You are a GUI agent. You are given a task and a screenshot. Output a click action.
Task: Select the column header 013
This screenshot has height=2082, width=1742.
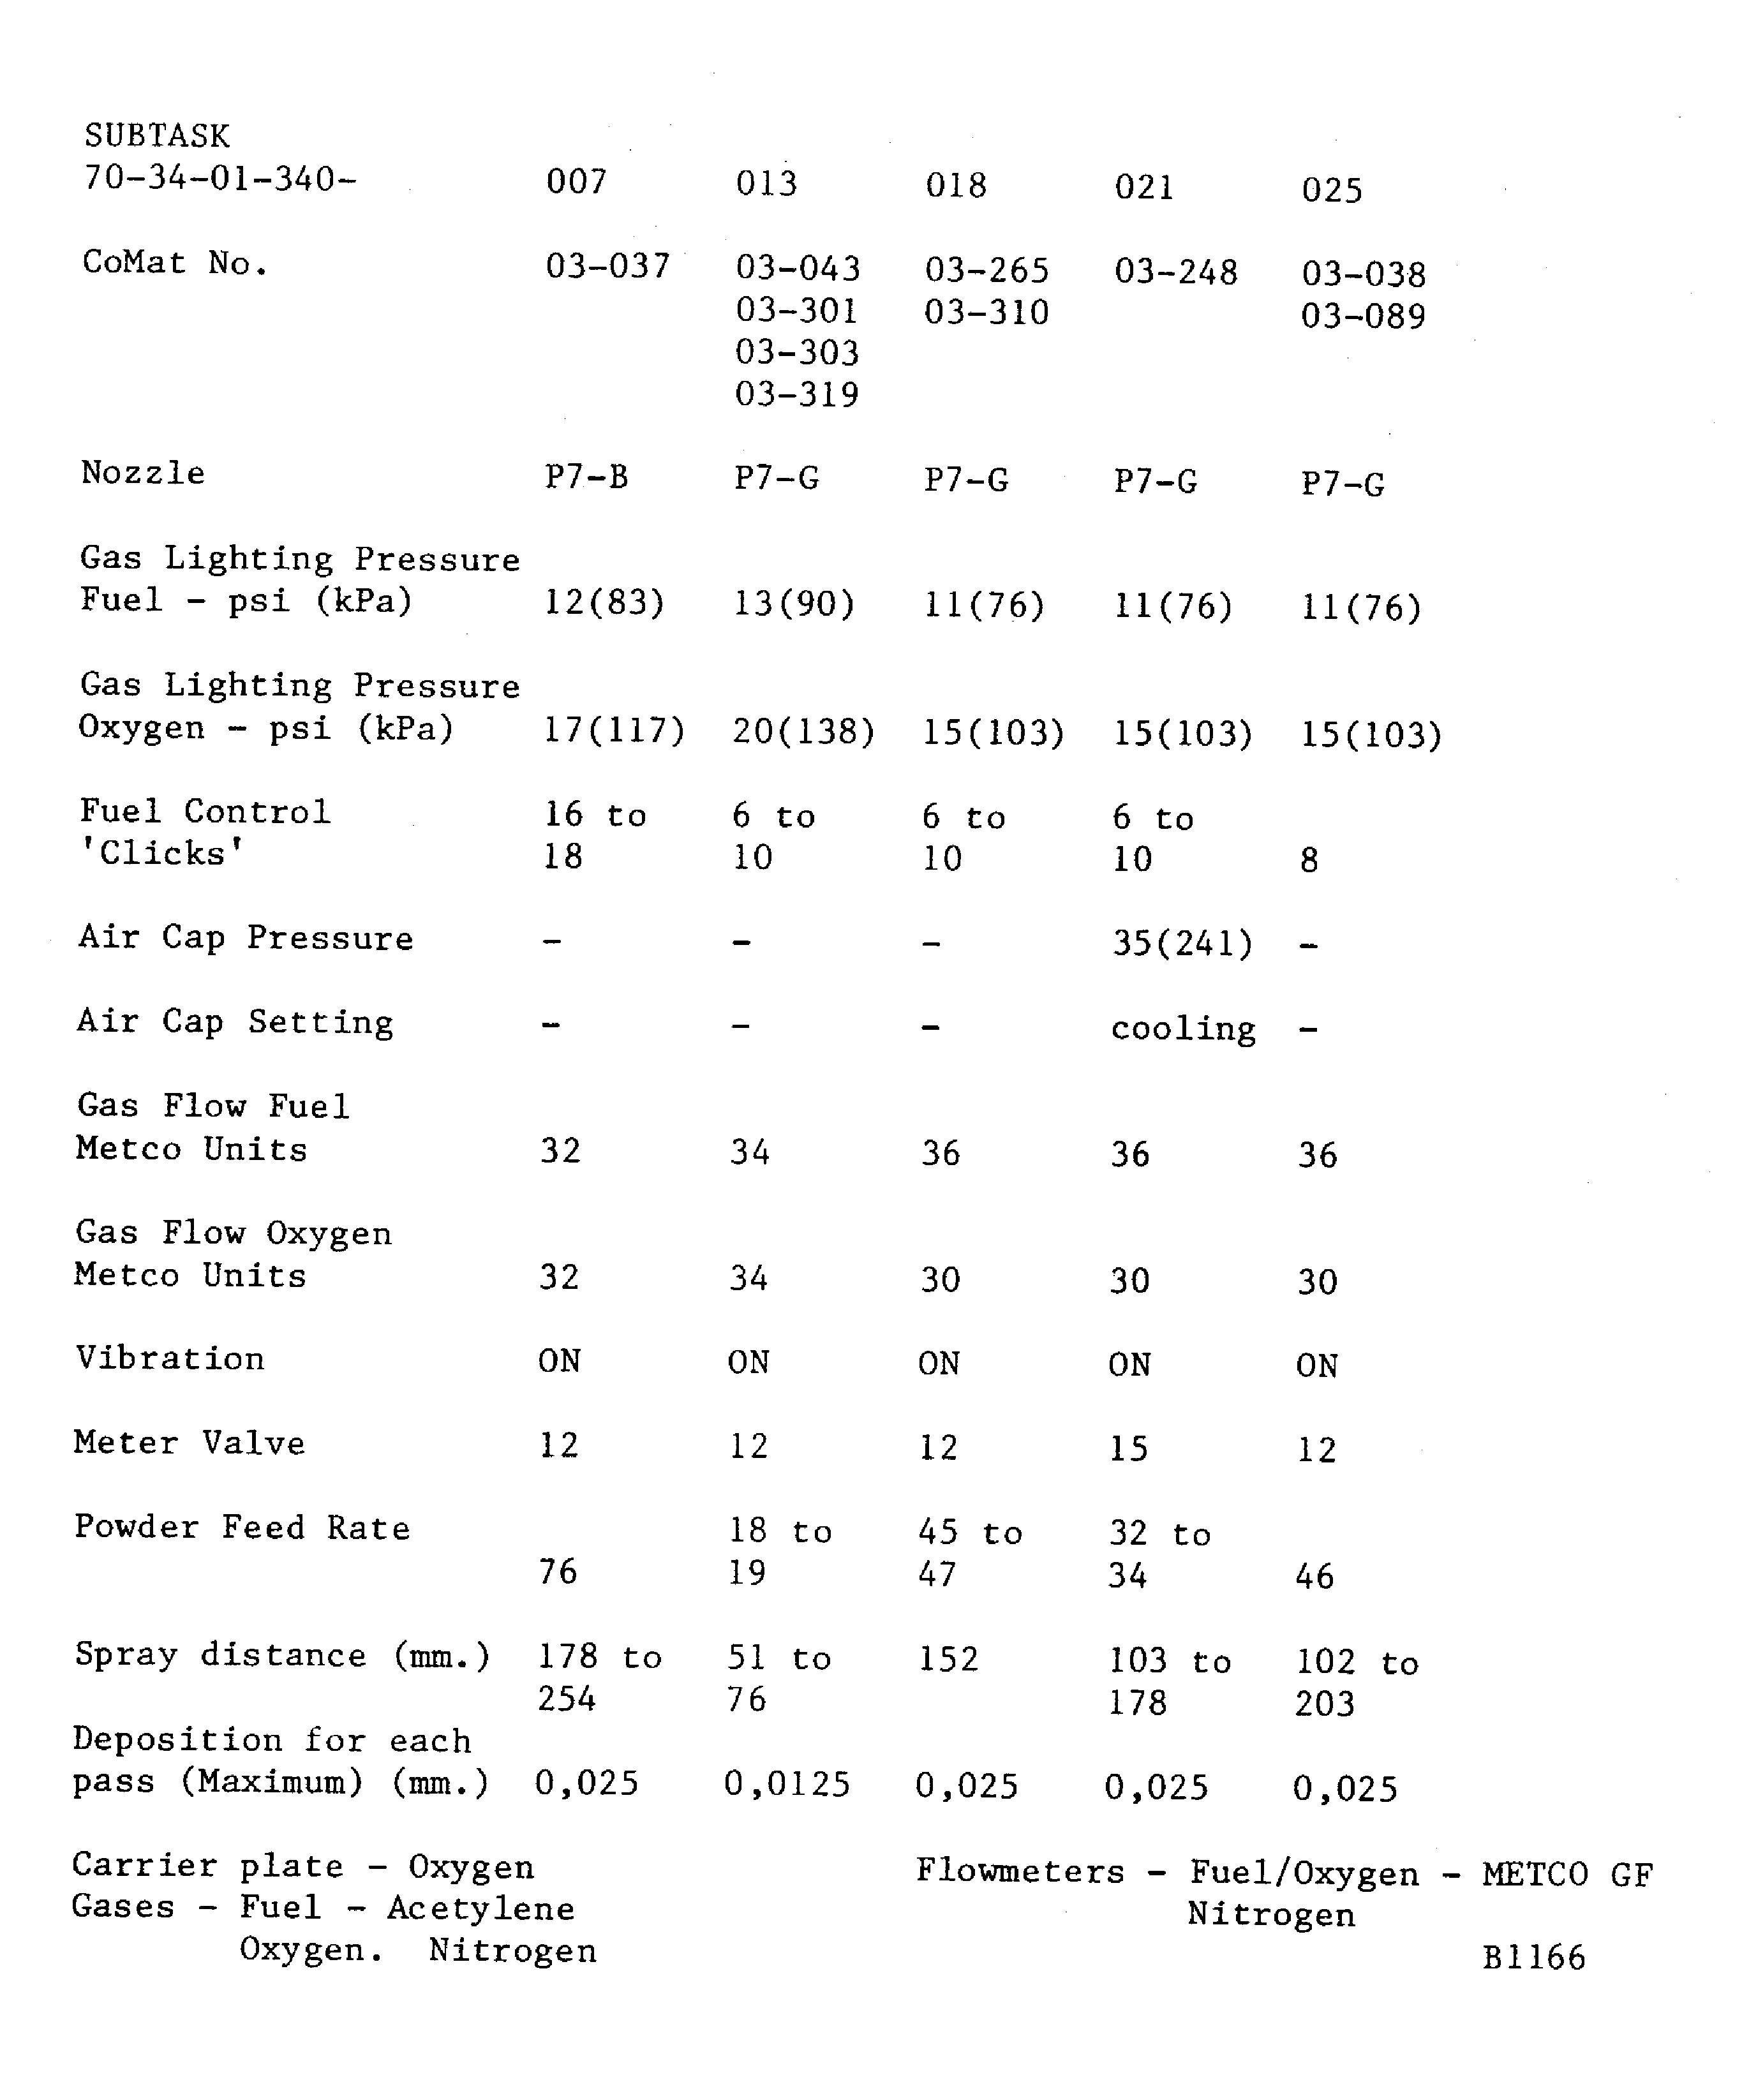766,183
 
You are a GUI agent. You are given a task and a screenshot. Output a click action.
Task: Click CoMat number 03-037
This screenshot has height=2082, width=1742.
607,265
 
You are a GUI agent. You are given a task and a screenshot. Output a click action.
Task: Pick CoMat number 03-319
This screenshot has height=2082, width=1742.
796,394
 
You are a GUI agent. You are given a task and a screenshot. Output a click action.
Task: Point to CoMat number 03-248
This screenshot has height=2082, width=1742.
1176,272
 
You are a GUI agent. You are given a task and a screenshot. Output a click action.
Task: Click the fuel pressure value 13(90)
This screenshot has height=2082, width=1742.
793,604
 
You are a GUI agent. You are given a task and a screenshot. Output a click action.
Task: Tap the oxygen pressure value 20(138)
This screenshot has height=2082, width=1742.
803,732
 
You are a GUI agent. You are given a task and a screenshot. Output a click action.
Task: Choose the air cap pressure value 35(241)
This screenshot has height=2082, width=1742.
1182,943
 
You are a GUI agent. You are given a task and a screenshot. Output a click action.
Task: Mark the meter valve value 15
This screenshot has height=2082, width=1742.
1128,1448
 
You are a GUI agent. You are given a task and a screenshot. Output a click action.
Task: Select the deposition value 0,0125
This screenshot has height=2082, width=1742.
786,1785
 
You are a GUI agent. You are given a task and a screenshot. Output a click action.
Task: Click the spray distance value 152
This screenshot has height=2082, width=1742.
948,1660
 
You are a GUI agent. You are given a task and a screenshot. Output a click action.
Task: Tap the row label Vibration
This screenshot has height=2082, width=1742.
170,1358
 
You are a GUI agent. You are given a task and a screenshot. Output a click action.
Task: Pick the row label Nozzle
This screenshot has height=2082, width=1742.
143,473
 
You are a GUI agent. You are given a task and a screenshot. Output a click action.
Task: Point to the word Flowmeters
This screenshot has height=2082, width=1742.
1020,1872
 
